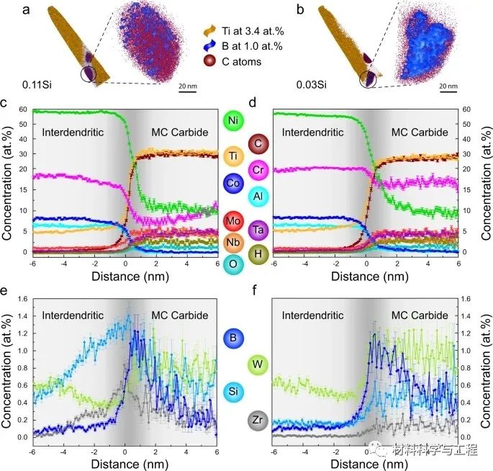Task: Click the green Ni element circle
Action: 232,120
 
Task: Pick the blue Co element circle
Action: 232,182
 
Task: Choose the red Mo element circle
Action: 232,221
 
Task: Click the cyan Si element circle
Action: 232,392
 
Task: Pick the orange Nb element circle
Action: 232,242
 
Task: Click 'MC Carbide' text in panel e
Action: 179,315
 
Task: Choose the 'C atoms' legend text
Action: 241,62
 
